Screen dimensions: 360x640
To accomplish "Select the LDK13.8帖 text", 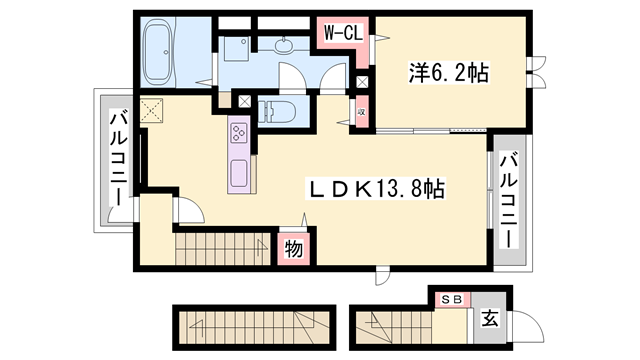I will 375,187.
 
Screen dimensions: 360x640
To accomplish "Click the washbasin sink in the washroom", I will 285,43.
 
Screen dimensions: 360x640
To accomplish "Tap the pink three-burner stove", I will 240,131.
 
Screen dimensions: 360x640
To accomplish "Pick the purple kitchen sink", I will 240,171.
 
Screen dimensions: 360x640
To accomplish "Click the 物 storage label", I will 293,247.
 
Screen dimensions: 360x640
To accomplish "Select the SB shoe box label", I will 452,297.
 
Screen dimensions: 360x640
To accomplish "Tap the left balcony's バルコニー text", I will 117,158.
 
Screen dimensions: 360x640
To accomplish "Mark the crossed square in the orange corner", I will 151,111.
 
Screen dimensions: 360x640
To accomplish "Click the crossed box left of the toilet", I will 245,101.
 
